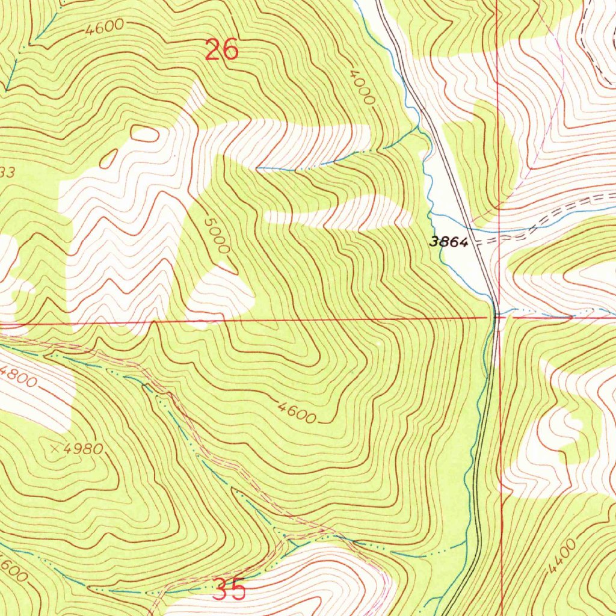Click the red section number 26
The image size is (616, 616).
click(x=221, y=49)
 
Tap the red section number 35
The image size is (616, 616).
click(x=230, y=590)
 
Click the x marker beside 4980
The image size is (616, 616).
click(x=57, y=448)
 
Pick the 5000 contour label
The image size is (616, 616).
click(x=217, y=236)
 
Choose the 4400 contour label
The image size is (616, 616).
click(x=562, y=556)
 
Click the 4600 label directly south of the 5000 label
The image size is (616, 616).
click(x=297, y=413)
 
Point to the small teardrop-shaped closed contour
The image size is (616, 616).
click(x=108, y=159)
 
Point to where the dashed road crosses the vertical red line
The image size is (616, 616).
click(x=499, y=239)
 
